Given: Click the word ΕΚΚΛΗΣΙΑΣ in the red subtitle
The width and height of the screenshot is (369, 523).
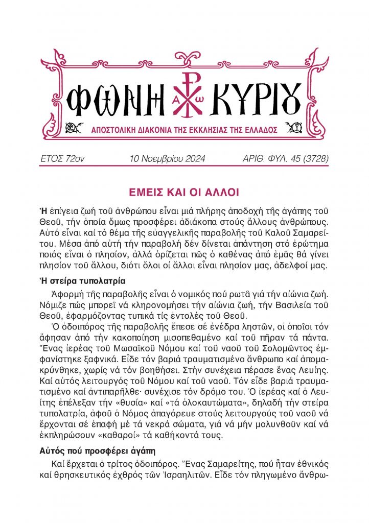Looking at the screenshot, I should (x=198, y=131).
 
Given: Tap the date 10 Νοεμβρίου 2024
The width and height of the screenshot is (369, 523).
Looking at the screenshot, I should (x=168, y=159).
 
